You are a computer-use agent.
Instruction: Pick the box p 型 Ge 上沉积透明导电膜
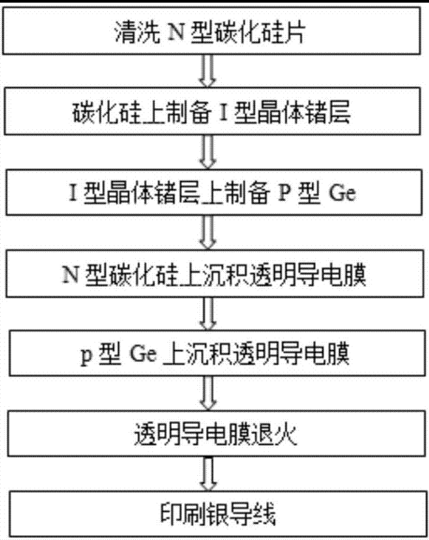click(211, 355)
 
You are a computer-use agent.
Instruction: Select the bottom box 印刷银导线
click(211, 513)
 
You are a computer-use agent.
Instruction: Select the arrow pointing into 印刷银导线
click(208, 474)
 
